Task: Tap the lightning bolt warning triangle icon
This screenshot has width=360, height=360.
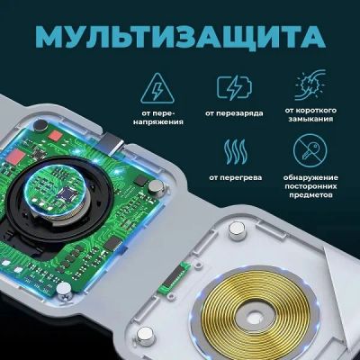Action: point(157,87)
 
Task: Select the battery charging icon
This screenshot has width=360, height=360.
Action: point(234,87)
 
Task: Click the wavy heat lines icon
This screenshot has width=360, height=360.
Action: point(236,151)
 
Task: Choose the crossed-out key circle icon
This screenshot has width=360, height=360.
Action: point(310,151)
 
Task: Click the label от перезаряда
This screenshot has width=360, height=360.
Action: point(234,113)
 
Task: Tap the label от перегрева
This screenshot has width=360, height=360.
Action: point(236,177)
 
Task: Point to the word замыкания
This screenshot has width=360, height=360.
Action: point(310,119)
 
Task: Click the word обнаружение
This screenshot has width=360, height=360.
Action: point(310,177)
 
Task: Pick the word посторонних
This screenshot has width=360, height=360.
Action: point(310,186)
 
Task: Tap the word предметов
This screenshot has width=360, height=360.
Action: point(310,195)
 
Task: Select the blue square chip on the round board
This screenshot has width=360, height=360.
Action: point(67,194)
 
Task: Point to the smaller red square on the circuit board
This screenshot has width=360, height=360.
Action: point(55,136)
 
